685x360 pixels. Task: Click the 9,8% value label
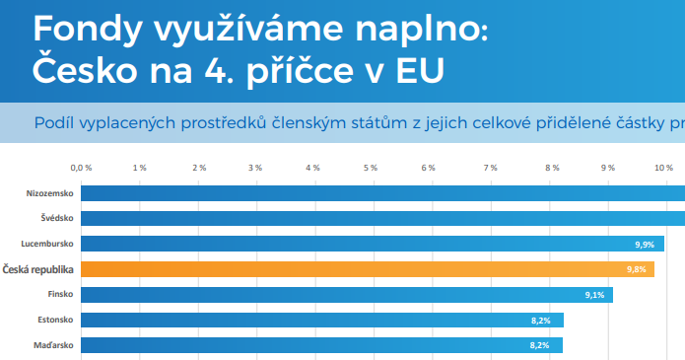coord(636,269)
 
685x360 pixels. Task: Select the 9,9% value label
coord(646,244)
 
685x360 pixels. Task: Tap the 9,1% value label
coord(594,295)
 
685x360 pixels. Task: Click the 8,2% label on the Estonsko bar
coord(540,321)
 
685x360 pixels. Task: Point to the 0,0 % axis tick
coord(82,168)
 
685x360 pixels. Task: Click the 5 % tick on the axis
coord(372,168)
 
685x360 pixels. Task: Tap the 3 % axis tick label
coord(256,168)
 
